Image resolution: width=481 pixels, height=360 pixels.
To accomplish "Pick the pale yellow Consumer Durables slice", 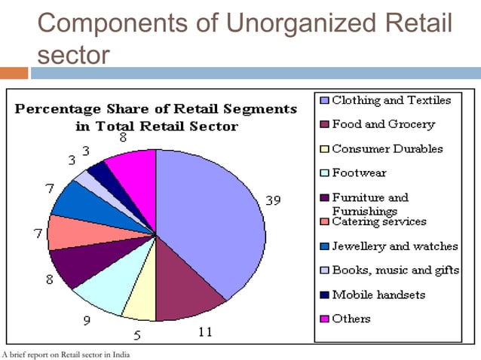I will pyautogui.click(x=139, y=301).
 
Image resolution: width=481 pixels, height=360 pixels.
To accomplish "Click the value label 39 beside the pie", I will pyautogui.click(x=274, y=200).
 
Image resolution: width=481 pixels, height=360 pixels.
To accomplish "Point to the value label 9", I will pyautogui.click(x=87, y=321).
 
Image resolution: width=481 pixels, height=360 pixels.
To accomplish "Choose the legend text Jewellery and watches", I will pyautogui.click(x=394, y=246).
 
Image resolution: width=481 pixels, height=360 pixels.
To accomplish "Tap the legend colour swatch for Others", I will pyautogui.click(x=324, y=319).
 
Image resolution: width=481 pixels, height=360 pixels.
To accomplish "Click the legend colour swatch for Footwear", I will pyautogui.click(x=324, y=174).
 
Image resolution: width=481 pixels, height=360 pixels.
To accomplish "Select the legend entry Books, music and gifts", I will pyautogui.click(x=393, y=270).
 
